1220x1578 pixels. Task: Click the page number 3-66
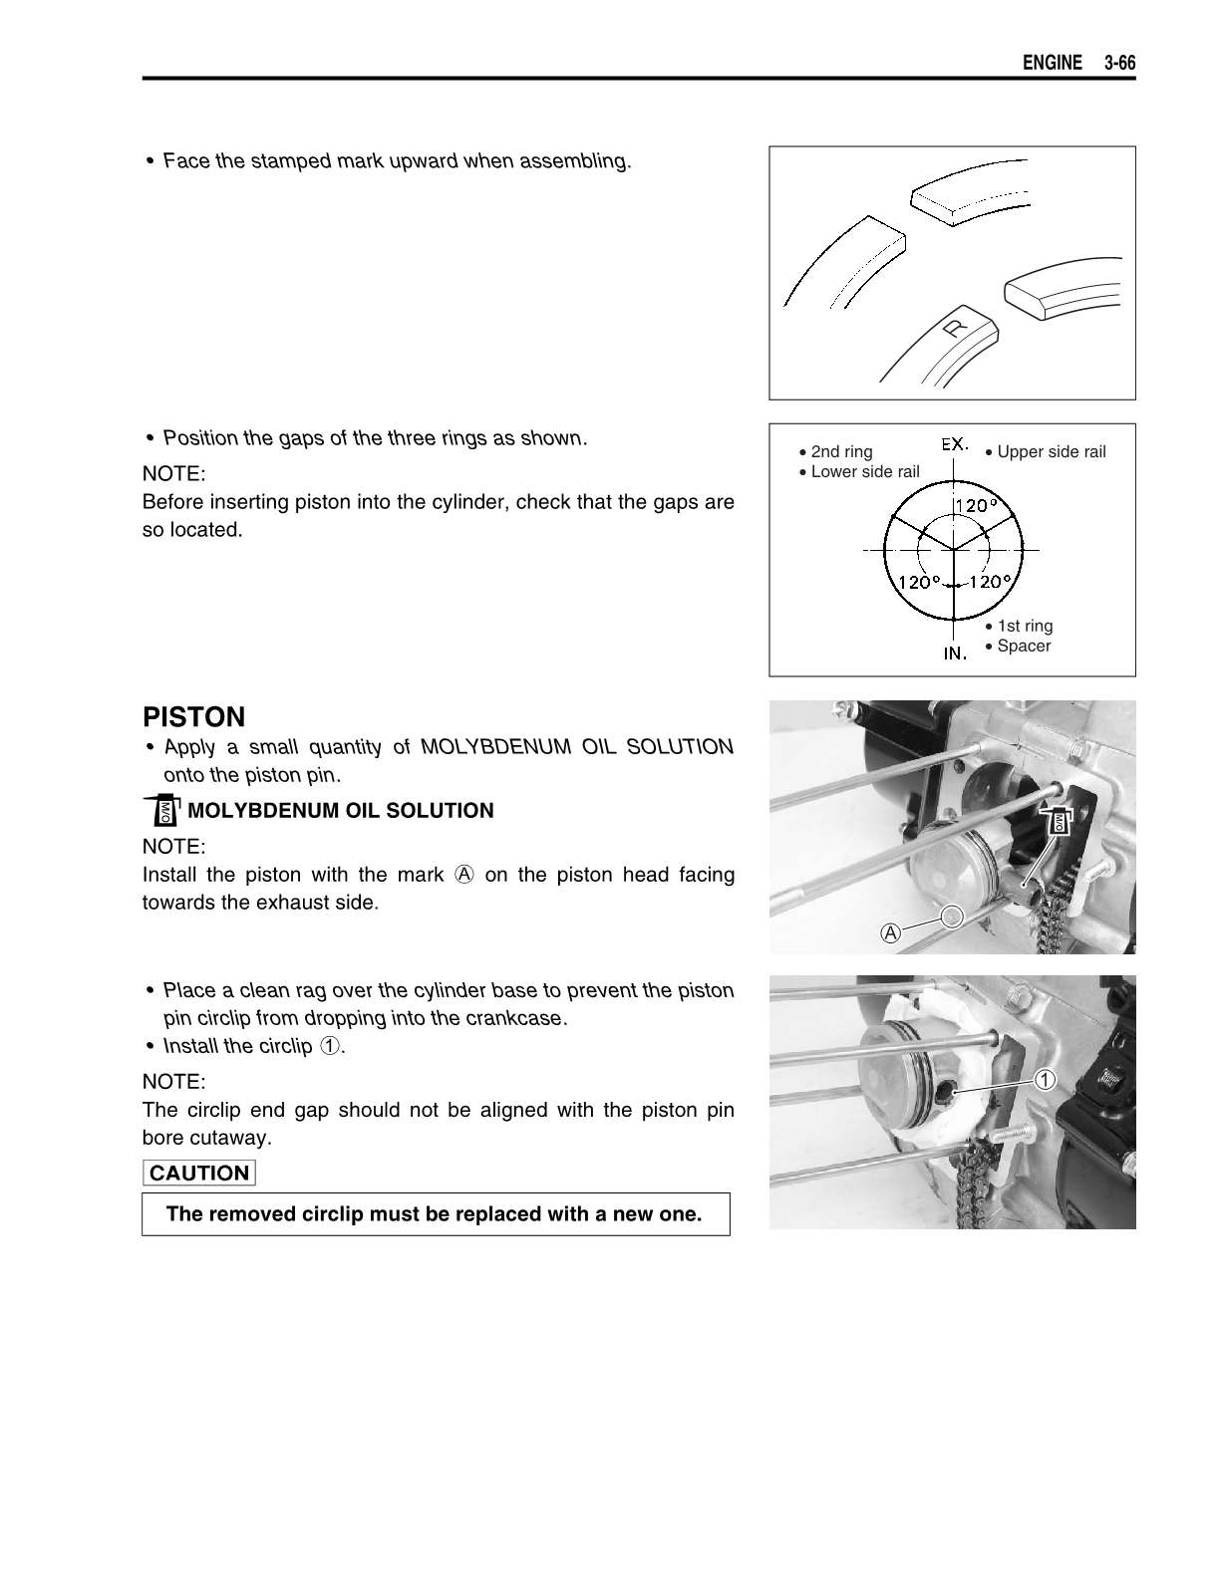point(1119,64)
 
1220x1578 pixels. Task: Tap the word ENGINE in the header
point(1052,64)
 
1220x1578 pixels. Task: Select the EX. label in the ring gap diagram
point(955,444)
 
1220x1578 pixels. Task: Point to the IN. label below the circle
point(955,654)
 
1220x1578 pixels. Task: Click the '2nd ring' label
point(841,451)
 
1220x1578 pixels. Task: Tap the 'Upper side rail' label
point(1051,451)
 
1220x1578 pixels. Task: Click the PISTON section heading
point(193,717)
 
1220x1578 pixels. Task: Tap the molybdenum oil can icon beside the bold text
point(163,811)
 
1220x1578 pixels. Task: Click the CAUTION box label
point(199,1173)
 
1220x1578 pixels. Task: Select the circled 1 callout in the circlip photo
point(1044,1080)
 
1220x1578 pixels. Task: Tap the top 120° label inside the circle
point(977,505)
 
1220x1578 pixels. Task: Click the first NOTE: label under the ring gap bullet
point(174,473)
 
